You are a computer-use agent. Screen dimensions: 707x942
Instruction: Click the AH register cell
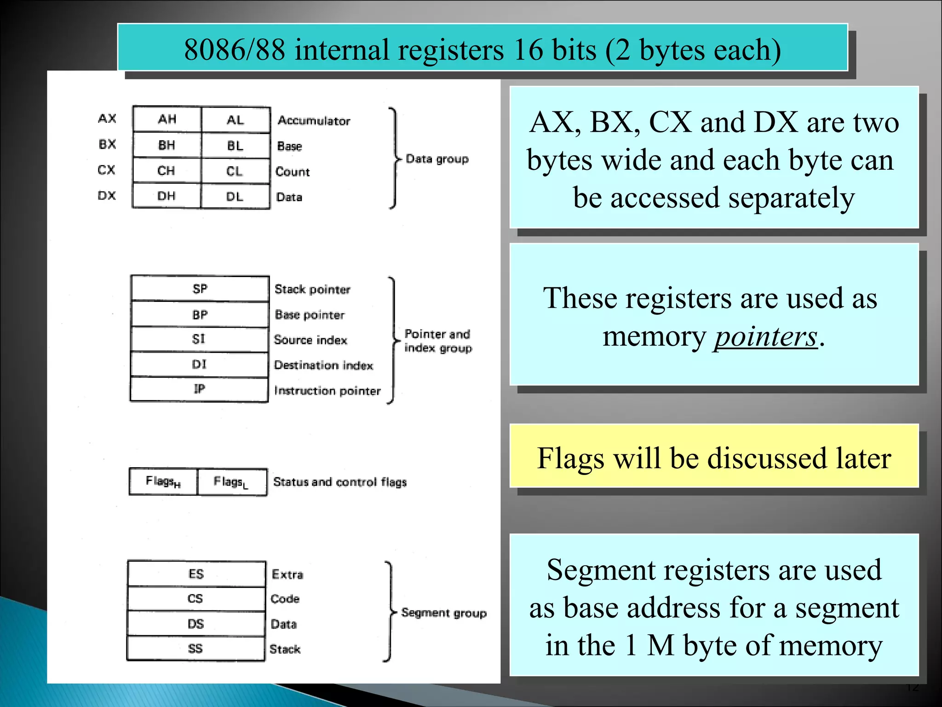pos(167,120)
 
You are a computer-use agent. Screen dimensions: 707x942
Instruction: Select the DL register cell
pos(235,197)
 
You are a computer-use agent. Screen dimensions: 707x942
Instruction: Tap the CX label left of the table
pos(106,170)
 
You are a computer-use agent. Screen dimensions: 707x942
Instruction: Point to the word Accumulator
pos(314,121)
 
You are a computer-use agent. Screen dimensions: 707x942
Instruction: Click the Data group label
pos(437,159)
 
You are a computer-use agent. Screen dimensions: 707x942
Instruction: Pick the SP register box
pos(200,289)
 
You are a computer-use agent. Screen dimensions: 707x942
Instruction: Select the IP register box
pos(199,389)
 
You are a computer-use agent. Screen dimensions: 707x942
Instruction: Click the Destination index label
pos(323,365)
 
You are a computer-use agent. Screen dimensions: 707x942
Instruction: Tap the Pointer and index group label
pos(437,341)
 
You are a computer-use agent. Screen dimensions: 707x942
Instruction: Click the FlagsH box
pos(163,481)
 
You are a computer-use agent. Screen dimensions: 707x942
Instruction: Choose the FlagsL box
pos(231,482)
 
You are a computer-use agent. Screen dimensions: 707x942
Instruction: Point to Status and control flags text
pos(340,482)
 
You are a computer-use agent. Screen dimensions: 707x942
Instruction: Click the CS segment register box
pos(195,599)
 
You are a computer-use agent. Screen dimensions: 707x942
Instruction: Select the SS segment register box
pos(195,649)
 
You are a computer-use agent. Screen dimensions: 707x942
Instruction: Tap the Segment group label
pos(443,613)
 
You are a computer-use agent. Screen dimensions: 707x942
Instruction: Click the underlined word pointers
pos(765,337)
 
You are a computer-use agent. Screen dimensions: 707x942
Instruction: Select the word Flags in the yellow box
pos(570,458)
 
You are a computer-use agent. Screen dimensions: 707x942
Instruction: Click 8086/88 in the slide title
pos(234,50)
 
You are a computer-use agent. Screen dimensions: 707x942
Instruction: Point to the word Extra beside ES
pos(287,574)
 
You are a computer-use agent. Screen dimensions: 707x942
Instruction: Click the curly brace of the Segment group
pos(390,612)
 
